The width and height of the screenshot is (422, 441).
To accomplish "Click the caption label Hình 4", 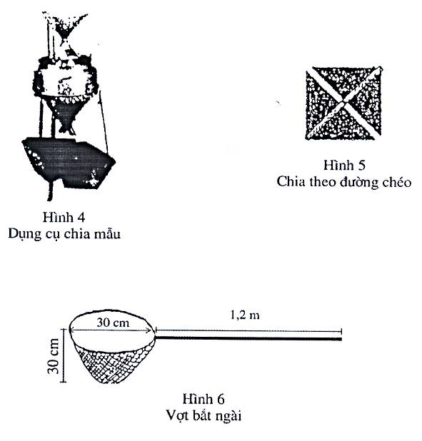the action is coord(64,218).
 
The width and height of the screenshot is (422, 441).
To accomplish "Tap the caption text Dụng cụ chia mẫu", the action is coord(64,234).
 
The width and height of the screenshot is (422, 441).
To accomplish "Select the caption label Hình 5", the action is coord(344,165).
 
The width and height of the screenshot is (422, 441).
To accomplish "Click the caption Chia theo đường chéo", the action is coord(343,182).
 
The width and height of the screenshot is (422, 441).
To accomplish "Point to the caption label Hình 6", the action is coord(204,399).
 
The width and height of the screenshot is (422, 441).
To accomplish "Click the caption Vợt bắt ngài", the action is coord(204,415).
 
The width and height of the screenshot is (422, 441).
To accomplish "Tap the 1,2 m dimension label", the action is coord(245,315).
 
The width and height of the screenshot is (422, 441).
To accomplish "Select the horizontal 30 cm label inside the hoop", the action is coord(113,323).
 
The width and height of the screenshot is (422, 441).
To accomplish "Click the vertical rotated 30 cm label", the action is coord(54,356).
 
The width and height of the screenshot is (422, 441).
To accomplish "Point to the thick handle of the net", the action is coord(248,338).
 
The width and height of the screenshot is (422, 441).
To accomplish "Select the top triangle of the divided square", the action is coord(343,81).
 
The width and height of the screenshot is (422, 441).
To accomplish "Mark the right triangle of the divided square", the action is coord(368,103).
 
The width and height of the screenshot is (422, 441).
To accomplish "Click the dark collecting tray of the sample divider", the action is coord(69,162).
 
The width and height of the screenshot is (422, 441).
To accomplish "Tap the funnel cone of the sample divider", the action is coord(65,113).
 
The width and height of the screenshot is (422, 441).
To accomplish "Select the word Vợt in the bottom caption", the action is coord(176,415).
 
